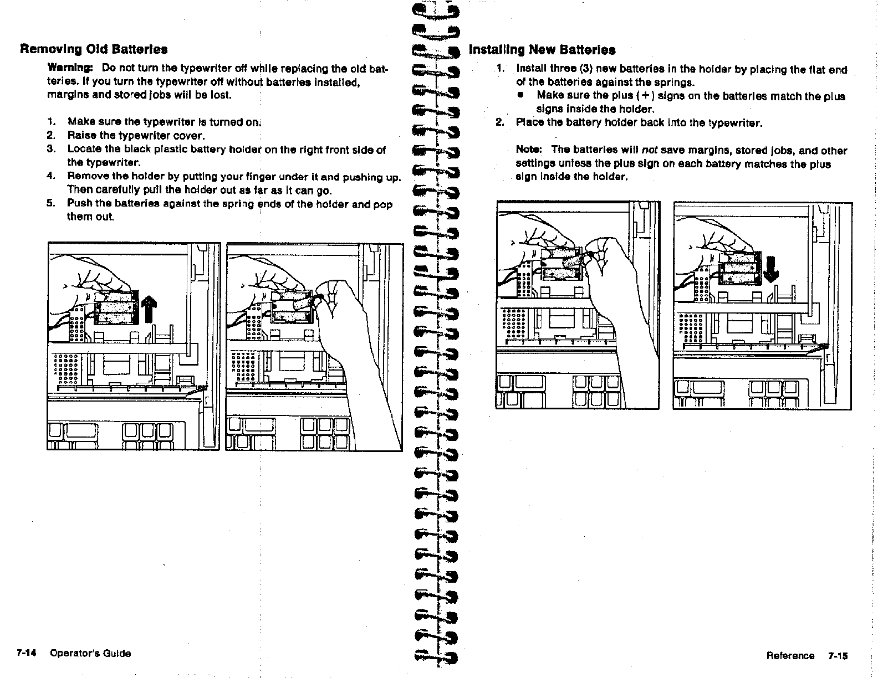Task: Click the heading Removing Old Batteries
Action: point(94,49)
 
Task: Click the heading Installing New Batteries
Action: point(542,50)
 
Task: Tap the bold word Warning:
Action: point(70,68)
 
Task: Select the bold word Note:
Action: point(529,150)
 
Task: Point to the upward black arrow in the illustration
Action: point(148,309)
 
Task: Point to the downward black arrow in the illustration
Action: point(771,269)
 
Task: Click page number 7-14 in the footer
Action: point(26,653)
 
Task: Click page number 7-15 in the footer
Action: point(838,656)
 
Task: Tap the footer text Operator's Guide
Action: point(90,653)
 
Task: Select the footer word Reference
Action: point(790,656)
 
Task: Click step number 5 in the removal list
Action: point(50,203)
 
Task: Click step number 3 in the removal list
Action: point(50,149)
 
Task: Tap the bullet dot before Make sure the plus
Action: point(520,95)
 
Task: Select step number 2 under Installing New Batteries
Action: point(500,122)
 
